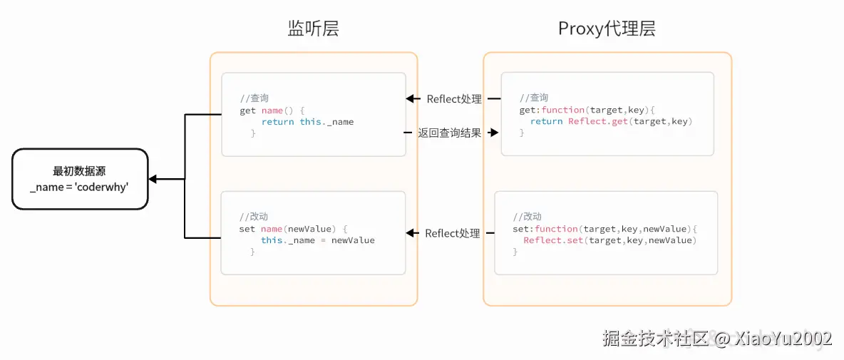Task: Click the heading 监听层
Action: click(313, 29)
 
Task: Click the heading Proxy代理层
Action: click(607, 29)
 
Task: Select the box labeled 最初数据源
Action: click(80, 179)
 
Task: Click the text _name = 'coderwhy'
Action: click(79, 187)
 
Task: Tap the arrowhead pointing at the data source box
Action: click(153, 179)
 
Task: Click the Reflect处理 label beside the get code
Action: click(454, 99)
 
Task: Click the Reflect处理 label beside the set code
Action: click(453, 233)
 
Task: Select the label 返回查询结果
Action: click(450, 133)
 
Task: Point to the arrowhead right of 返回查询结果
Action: click(493, 133)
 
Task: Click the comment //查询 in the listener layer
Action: click(254, 98)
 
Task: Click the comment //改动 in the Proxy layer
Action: click(527, 217)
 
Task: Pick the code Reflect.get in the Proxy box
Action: click(599, 121)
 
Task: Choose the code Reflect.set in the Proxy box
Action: click(554, 240)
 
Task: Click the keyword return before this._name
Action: click(277, 122)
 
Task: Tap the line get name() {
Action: click(272, 110)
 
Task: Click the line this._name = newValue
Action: click(317, 240)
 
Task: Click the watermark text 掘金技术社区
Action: click(656, 337)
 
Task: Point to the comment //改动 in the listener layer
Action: click(254, 217)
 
